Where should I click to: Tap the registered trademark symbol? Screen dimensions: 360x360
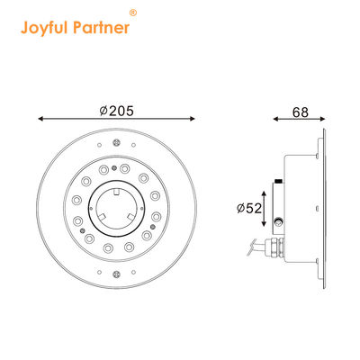(134, 13)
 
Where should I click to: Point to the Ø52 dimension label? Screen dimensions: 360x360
(247, 208)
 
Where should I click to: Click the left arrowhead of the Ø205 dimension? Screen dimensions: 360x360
(42, 119)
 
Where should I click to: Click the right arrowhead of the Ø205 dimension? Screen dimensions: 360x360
(195, 119)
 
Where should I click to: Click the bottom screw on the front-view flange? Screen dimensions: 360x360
(119, 274)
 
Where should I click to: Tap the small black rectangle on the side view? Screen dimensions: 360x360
(280, 183)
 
